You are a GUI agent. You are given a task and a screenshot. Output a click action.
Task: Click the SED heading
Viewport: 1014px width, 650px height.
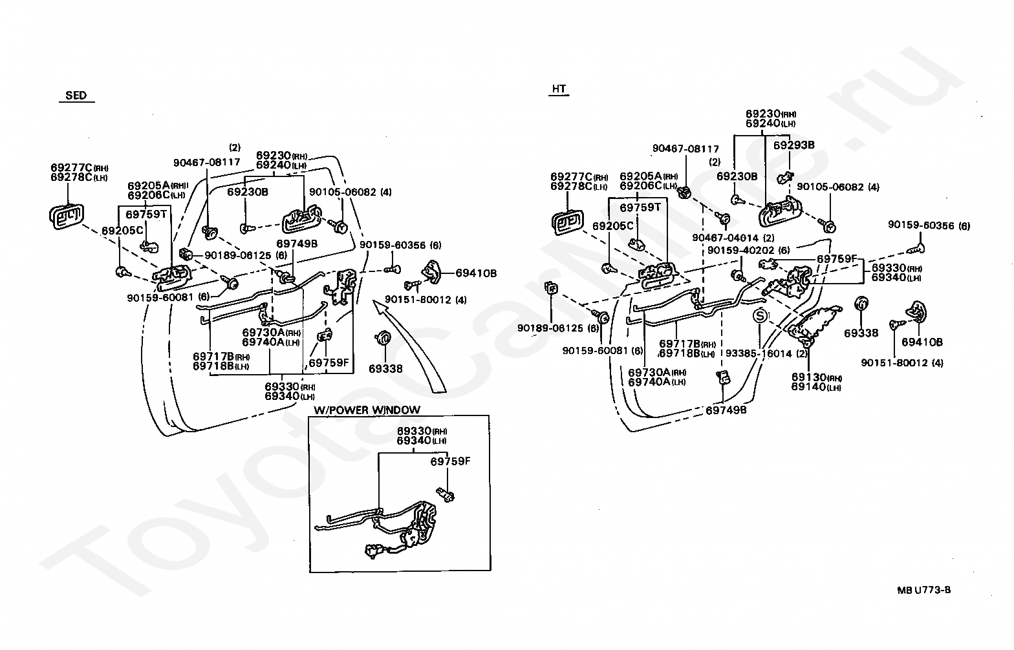tap(76, 96)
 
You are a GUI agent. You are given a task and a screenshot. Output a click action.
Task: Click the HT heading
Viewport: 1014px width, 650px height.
tap(559, 89)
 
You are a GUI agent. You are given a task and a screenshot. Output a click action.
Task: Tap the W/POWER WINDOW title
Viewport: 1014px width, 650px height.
tap(367, 410)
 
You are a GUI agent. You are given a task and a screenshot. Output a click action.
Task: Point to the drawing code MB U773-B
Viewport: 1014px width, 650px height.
tap(924, 590)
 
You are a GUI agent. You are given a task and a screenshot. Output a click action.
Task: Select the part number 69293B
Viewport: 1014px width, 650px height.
tap(793, 145)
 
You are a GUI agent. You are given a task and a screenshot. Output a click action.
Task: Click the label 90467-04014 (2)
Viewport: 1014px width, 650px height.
tap(733, 238)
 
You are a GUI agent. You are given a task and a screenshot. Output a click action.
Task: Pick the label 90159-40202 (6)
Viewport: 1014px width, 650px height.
tap(749, 250)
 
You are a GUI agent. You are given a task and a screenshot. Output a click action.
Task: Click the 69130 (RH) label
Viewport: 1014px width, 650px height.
tap(817, 377)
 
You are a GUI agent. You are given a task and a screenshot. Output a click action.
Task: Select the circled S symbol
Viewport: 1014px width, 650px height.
tap(760, 315)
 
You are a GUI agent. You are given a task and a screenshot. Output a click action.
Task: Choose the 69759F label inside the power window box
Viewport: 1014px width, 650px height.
tap(450, 461)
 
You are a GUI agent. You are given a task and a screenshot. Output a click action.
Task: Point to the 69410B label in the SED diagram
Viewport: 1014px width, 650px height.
tap(476, 273)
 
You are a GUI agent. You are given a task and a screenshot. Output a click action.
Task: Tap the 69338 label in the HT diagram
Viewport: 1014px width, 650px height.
tap(861, 333)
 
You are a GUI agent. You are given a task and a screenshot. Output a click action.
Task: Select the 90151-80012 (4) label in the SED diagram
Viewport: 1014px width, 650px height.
tap(426, 299)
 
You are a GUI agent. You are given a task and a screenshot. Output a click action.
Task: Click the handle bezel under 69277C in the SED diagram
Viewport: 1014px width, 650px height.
tap(67, 216)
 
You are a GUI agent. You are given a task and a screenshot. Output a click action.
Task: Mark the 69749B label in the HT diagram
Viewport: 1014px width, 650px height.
tap(726, 410)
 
